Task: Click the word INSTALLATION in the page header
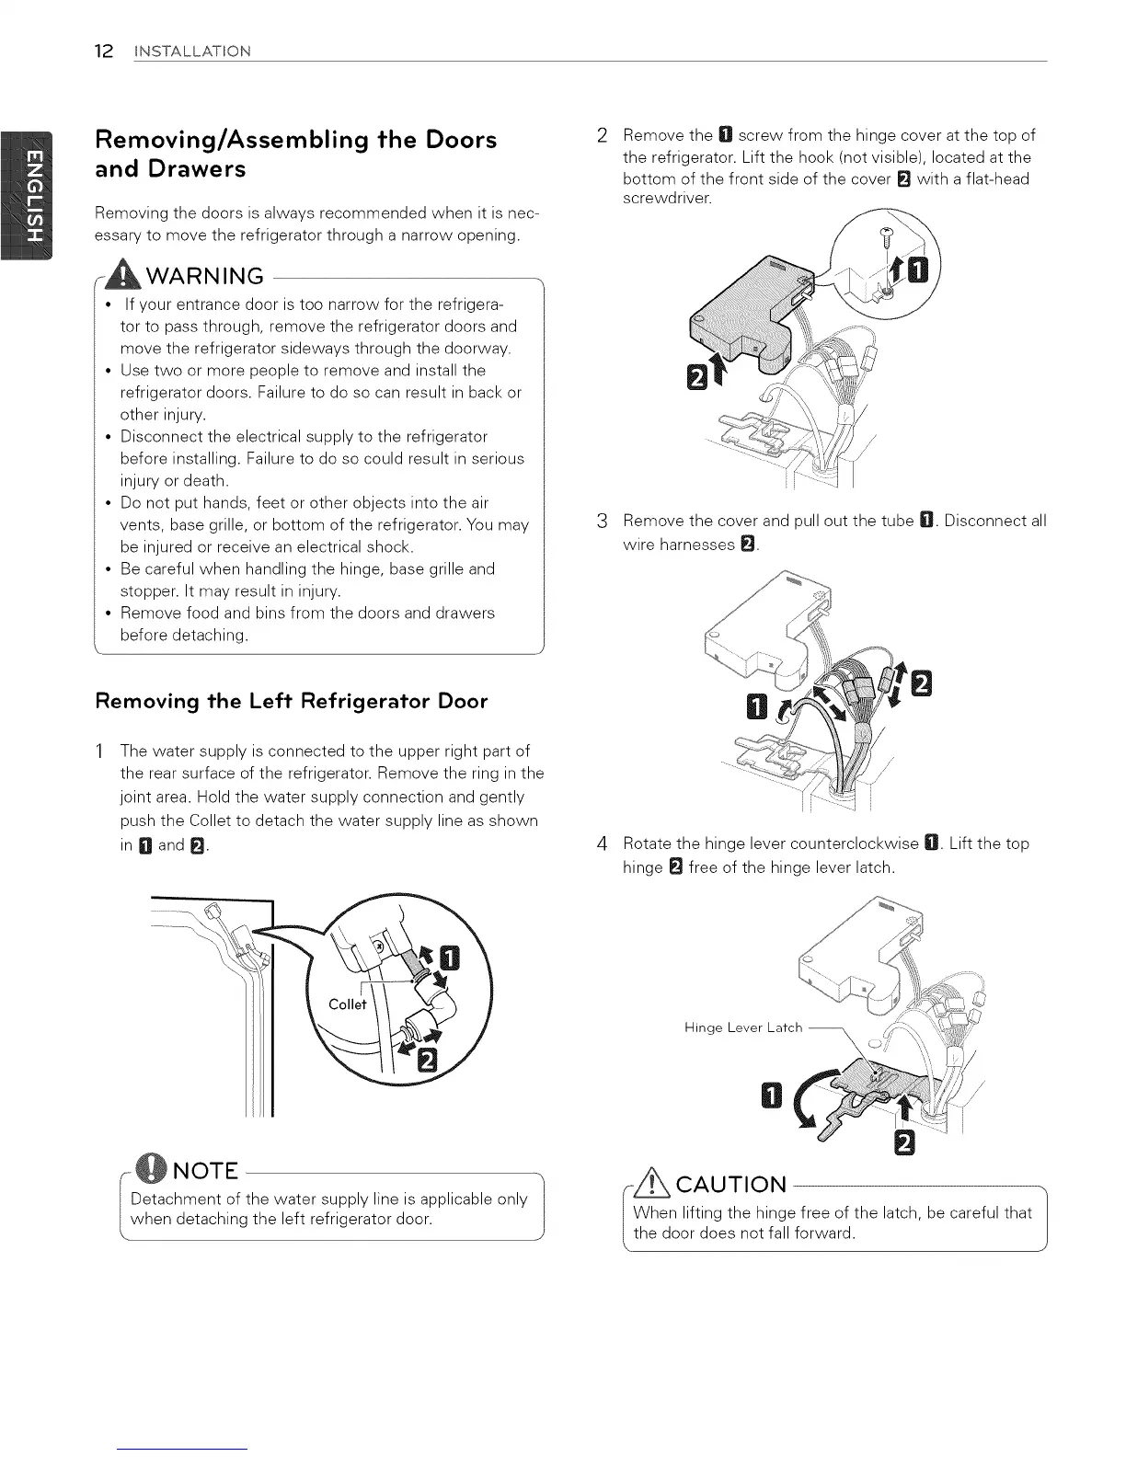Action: click(191, 51)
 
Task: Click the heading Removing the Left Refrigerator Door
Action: click(292, 701)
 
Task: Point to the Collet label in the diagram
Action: click(347, 1004)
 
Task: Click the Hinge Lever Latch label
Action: click(743, 1027)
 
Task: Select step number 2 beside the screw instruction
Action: click(602, 136)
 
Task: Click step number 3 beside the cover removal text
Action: click(602, 522)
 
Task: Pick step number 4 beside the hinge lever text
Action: click(602, 844)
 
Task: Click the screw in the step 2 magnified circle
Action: click(887, 236)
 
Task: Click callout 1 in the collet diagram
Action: click(448, 960)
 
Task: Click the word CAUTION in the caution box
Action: click(731, 1184)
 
